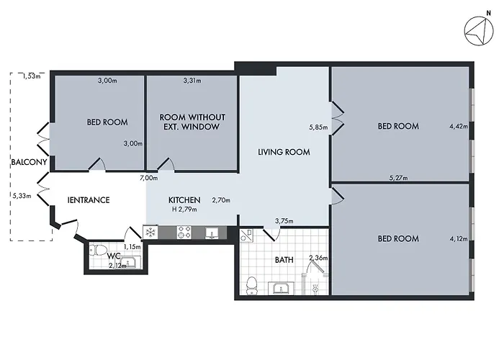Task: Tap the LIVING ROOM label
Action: point(284,152)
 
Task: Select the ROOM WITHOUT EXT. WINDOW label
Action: point(192,122)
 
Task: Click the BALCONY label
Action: point(29,163)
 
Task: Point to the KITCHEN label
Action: point(184,200)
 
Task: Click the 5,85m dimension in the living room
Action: point(318,127)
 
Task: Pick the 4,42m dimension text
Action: point(458,127)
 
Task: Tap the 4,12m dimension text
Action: point(458,238)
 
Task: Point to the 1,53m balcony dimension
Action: point(31,76)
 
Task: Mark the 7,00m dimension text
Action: point(148,178)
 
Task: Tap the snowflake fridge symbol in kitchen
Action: point(150,232)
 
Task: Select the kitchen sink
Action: point(212,233)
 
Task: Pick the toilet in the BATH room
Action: point(250,285)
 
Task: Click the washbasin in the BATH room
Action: point(281,289)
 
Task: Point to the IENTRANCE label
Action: point(89,199)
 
